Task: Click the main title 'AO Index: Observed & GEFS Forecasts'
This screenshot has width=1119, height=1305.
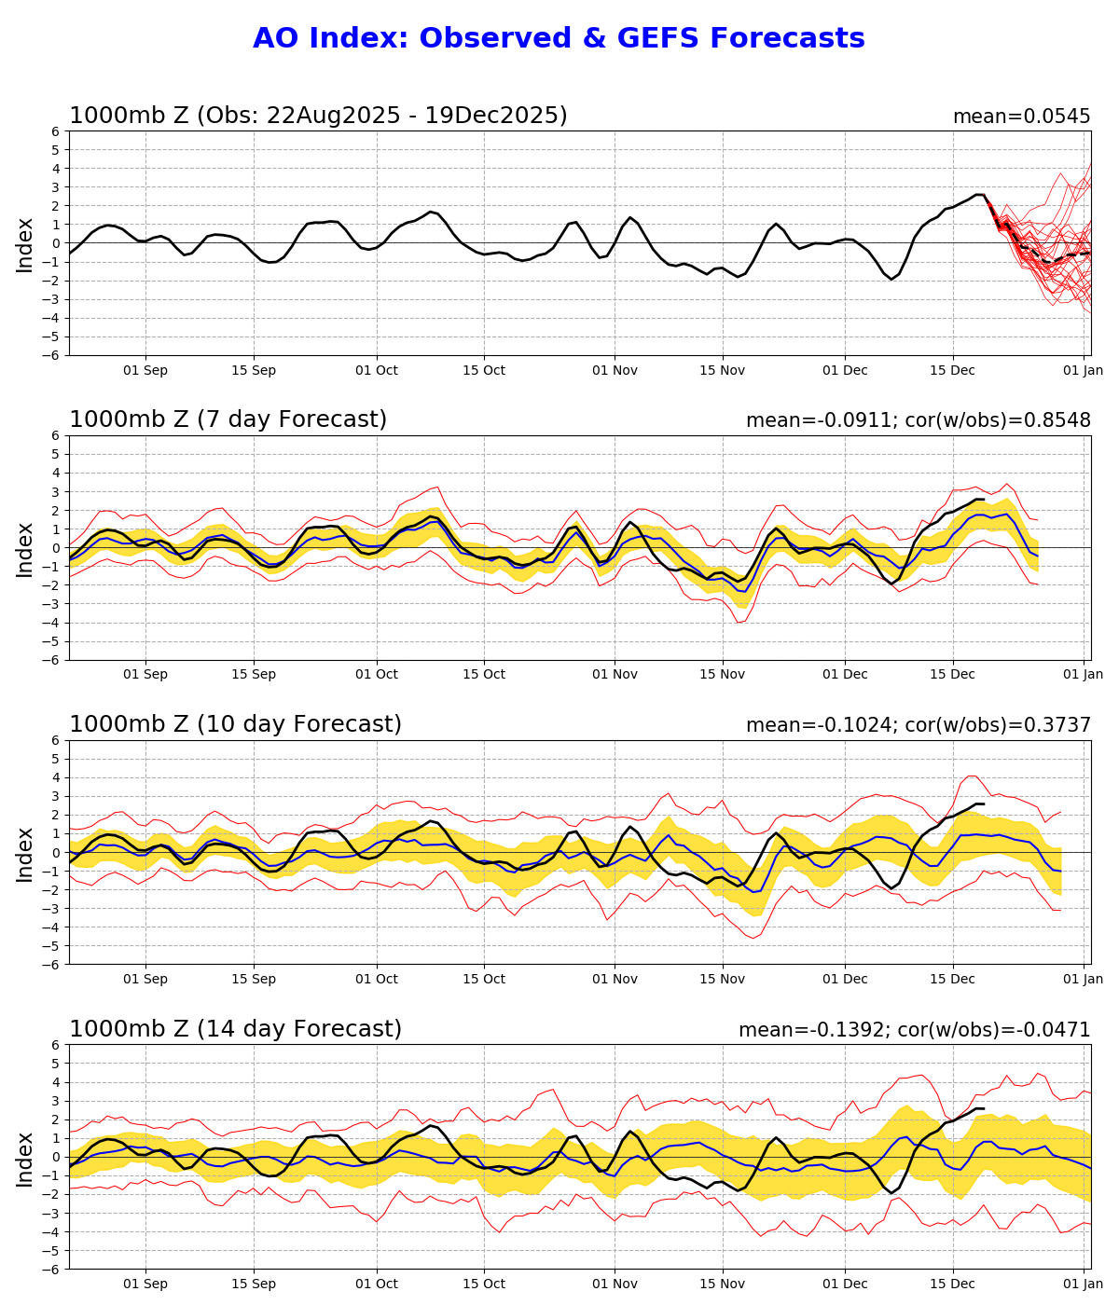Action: click(x=559, y=39)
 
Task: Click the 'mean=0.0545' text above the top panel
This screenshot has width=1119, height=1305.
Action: click(x=1021, y=117)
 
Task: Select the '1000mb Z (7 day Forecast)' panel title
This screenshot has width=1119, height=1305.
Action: click(x=228, y=420)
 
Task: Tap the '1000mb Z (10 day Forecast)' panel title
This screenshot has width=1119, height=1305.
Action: click(x=235, y=725)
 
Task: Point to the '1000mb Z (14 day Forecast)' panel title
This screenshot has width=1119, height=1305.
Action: click(x=235, y=1029)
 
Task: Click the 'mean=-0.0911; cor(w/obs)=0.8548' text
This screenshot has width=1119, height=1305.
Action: click(x=918, y=420)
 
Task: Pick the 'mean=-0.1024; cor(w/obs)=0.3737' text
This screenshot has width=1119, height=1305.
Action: click(x=918, y=725)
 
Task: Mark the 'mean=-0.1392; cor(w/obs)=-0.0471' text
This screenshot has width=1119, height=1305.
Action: click(x=914, y=1030)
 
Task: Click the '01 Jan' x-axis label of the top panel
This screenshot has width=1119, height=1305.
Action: click(x=1083, y=370)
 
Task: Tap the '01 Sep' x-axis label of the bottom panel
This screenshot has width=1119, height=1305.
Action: click(x=145, y=1284)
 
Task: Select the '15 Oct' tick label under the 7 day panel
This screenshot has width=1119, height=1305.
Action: click(x=483, y=674)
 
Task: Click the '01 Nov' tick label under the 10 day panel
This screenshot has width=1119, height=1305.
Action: click(x=615, y=979)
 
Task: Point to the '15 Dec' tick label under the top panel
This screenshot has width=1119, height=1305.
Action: click(x=953, y=370)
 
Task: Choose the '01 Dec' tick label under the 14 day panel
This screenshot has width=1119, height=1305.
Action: click(x=845, y=1284)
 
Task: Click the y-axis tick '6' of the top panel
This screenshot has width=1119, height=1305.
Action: click(x=56, y=131)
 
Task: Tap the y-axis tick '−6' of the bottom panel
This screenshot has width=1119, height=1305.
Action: click(x=52, y=1269)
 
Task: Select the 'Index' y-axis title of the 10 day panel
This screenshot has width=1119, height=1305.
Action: click(x=25, y=853)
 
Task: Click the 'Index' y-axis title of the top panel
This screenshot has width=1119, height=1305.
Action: click(x=25, y=244)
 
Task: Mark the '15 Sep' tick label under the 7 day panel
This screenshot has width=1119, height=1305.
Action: click(x=254, y=674)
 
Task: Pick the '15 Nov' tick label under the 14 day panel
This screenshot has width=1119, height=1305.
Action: click(x=723, y=1284)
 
